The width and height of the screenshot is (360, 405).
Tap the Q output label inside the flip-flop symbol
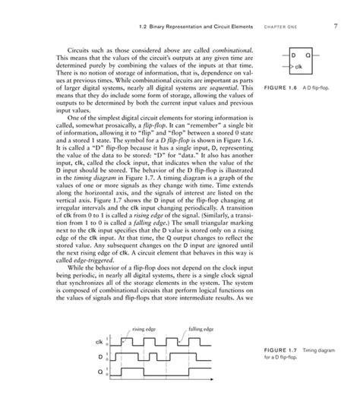click(308, 55)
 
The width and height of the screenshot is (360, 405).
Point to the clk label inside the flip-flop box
click(298, 67)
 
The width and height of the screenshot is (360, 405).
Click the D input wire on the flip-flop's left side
click(283, 55)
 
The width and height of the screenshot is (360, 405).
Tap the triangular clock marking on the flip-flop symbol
click(291, 67)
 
